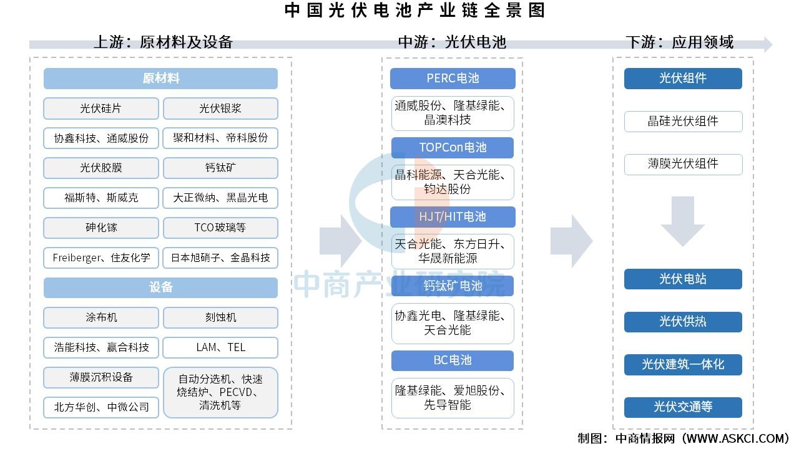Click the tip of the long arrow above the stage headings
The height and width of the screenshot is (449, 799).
click(773, 45)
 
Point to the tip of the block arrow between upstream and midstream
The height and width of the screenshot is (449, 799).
click(361, 241)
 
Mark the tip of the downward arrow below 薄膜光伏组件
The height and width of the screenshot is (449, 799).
click(683, 246)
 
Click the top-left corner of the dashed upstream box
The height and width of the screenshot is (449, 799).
click(31, 57)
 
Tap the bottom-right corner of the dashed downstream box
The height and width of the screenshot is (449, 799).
click(753, 428)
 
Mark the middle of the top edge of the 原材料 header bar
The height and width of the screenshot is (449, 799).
click(160, 68)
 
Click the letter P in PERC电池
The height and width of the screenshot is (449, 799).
click(430, 79)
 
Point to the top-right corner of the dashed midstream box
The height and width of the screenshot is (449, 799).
click(522, 58)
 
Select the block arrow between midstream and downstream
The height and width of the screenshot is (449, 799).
click(572, 241)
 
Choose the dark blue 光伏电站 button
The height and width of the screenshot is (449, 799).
click(683, 279)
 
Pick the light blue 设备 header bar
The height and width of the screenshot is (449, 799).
click(160, 287)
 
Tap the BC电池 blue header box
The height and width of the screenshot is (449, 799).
click(453, 360)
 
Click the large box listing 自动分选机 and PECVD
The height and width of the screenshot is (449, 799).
click(220, 392)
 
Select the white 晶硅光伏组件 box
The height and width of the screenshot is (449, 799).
click(683, 122)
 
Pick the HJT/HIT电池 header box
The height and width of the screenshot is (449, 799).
click(453, 216)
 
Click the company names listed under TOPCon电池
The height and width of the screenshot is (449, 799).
click(449, 181)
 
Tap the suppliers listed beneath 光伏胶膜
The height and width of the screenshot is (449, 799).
click(101, 198)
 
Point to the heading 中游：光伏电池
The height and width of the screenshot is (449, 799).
click(452, 42)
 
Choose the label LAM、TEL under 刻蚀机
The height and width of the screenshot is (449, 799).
click(220, 347)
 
